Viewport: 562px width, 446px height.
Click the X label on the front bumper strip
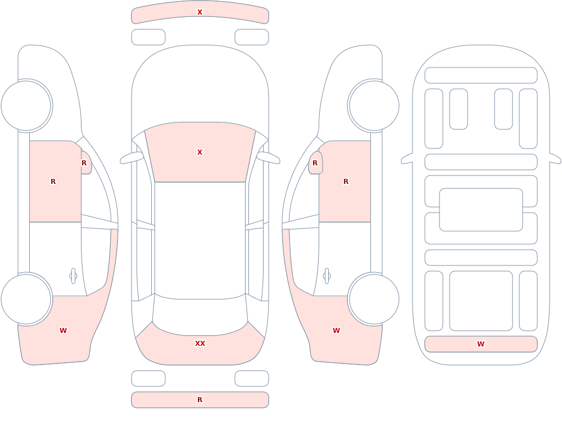(200, 12)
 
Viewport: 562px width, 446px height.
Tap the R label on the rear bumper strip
(200, 400)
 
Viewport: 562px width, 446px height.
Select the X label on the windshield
(200, 152)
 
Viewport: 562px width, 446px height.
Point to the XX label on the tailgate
(200, 344)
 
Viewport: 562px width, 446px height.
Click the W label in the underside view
(481, 344)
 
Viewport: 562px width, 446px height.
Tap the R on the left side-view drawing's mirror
(84, 163)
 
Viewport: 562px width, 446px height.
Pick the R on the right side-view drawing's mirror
(315, 163)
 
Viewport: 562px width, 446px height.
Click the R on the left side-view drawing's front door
(53, 182)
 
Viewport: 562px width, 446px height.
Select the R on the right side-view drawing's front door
(346, 182)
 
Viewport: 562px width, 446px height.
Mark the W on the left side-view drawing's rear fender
(63, 331)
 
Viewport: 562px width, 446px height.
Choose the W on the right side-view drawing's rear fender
(336, 331)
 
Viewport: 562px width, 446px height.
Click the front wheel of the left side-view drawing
(26, 106)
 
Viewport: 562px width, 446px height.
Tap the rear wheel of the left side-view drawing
(26, 299)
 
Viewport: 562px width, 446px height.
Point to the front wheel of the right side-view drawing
(374, 106)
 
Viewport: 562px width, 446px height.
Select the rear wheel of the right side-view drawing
(374, 299)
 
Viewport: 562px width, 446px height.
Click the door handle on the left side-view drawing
(73, 276)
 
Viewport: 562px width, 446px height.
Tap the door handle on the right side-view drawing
(327, 276)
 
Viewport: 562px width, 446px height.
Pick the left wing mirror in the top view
(131, 158)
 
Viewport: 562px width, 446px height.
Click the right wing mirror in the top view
(268, 158)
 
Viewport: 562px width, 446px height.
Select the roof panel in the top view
(200, 240)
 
